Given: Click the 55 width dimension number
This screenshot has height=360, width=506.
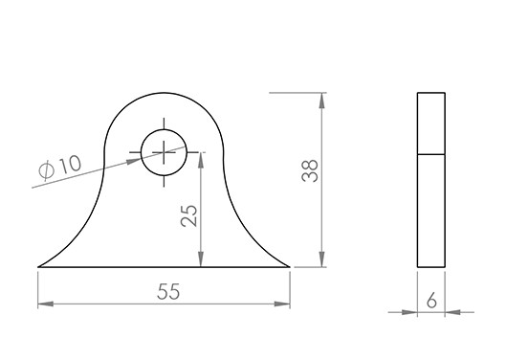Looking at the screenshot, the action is [168, 291].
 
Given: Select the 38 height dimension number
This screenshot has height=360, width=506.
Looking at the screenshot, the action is [310, 170].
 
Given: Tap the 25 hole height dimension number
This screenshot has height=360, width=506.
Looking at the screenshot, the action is [188, 215].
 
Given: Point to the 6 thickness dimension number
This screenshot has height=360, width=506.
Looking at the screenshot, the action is [431, 301].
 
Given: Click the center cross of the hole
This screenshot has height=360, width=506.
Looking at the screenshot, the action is [164, 152].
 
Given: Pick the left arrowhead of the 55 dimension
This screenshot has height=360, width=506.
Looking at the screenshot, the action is [46, 304].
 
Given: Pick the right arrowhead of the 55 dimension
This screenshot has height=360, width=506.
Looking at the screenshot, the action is [282, 304].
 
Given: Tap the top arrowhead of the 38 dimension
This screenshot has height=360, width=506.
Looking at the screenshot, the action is [321, 101].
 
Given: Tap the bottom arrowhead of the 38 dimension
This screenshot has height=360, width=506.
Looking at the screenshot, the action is [321, 259].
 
